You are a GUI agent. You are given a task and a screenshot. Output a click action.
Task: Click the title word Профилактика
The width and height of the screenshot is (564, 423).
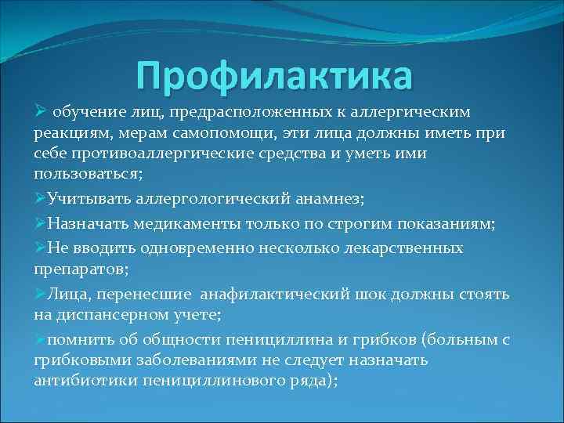(273, 76)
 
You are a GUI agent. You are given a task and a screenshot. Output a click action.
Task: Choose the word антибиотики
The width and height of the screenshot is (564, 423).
(85, 380)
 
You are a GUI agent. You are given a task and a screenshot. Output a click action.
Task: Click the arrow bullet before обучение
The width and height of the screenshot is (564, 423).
(42, 114)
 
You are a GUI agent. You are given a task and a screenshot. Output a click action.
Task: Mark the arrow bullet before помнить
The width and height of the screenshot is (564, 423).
(40, 339)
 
